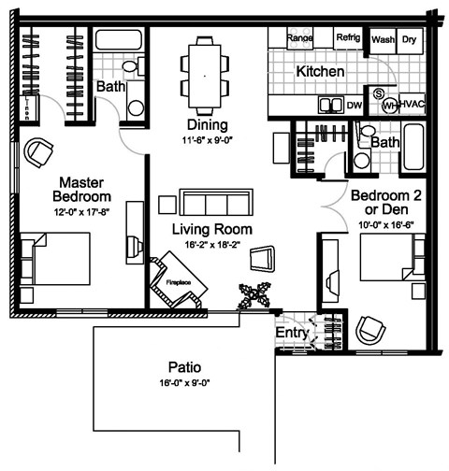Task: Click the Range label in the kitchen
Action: tap(299, 38)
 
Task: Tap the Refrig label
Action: tap(348, 38)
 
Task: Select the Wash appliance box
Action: tap(383, 40)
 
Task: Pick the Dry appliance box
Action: tap(410, 40)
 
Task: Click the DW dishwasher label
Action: tap(353, 106)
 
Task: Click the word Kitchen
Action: tap(320, 72)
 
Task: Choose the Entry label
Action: tap(291, 332)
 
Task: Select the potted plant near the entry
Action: tap(254, 294)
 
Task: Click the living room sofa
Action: tap(215, 203)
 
